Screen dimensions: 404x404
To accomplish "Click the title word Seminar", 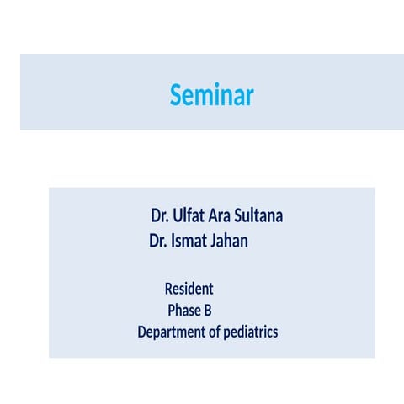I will (x=211, y=95).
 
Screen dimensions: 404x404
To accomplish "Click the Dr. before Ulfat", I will (x=161, y=215).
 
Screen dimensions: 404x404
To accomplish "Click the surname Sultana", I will (x=260, y=215).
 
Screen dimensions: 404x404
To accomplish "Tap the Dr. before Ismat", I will (x=158, y=242).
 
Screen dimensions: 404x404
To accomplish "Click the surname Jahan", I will (x=230, y=242).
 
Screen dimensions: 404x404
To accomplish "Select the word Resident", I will (x=189, y=289).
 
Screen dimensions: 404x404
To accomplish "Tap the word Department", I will (x=171, y=332).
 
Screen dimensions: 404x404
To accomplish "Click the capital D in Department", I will (x=142, y=332).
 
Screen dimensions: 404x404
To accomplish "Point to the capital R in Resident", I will (x=168, y=289).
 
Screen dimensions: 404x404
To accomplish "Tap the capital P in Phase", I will (x=172, y=310).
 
